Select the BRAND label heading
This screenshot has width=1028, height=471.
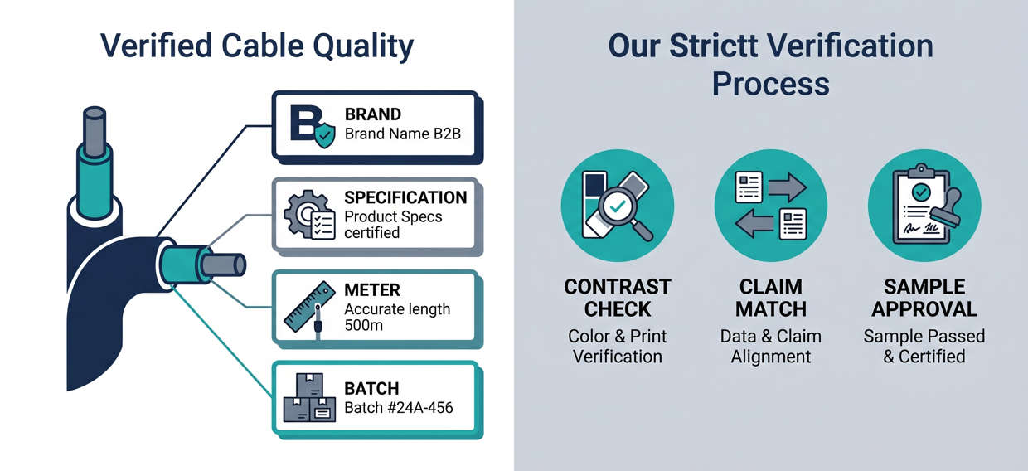coord(372,114)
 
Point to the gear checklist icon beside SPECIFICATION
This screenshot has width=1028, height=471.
coord(308,214)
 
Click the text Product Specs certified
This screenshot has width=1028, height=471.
coord(393,225)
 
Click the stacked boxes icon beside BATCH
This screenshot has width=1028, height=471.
coord(309,399)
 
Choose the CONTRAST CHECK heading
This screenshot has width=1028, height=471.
coord(617,298)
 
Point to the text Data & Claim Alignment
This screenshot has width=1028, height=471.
coord(770,346)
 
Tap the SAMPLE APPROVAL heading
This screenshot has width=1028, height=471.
coord(924,298)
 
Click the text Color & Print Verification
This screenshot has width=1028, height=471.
coord(617,346)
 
